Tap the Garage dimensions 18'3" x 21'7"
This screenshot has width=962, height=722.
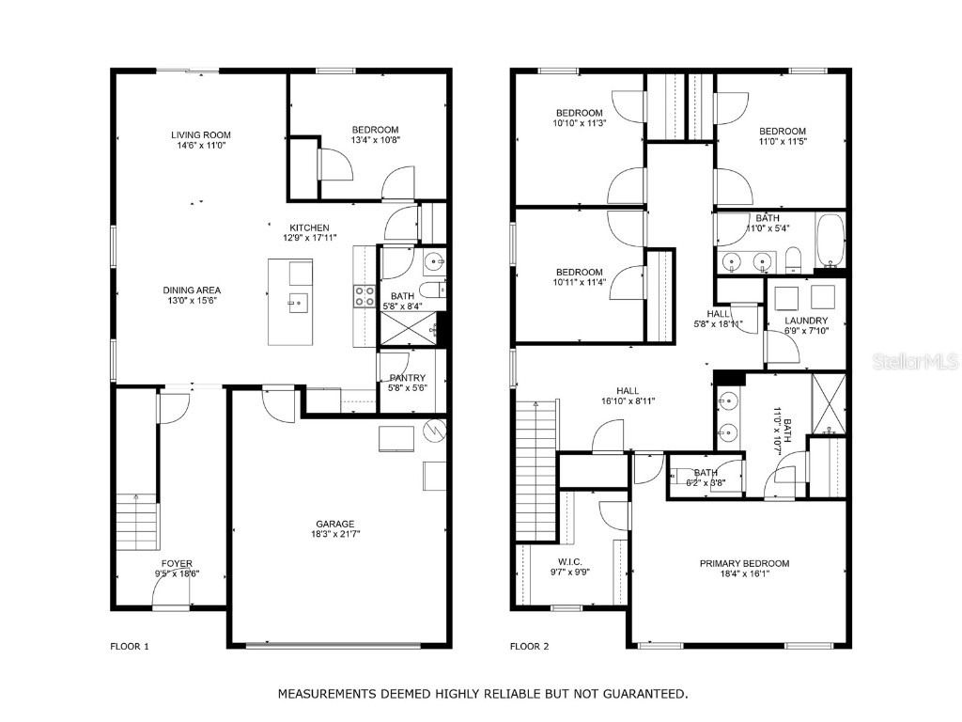pos(334,534)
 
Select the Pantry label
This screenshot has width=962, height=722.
pos(407,378)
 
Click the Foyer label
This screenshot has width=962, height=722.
pos(177,564)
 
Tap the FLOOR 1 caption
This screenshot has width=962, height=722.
pos(130,646)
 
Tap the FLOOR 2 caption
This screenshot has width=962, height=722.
pos(529,646)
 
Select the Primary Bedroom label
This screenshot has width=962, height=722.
pos(744,563)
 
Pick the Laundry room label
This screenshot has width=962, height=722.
pos(806,321)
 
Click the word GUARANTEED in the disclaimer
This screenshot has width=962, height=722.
pos(644,694)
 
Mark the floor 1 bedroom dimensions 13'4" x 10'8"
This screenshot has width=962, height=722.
pos(375,140)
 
